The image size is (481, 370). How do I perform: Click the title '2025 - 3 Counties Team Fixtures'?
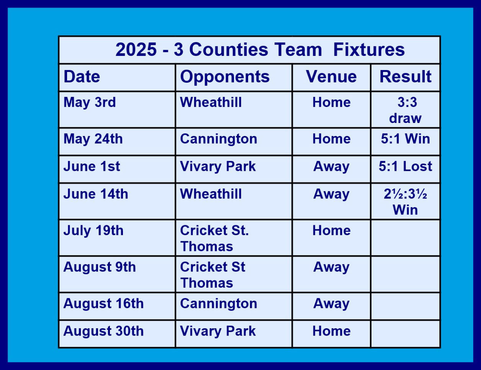click(260, 49)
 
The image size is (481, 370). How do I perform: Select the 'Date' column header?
click(82, 77)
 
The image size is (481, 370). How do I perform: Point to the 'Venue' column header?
click(331, 77)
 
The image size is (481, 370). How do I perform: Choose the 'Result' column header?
click(405, 77)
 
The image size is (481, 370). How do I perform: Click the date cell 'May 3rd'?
click(90, 103)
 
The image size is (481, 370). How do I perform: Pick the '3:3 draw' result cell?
click(405, 110)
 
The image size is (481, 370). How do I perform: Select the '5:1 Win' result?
click(405, 139)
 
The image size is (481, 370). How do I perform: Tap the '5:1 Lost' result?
click(405, 166)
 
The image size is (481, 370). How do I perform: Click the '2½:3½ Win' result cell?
click(405, 201)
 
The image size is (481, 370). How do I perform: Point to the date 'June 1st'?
click(92, 166)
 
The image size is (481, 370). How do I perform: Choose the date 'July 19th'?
click(93, 231)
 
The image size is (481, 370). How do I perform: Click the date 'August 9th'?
click(100, 267)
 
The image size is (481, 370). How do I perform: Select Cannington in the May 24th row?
click(218, 139)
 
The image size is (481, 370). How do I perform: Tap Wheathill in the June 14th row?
click(211, 194)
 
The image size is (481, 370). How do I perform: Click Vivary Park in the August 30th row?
click(218, 331)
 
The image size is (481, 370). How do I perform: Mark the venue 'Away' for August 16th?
click(331, 304)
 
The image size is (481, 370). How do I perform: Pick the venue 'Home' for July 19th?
click(331, 230)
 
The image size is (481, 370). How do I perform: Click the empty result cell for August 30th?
click(405, 334)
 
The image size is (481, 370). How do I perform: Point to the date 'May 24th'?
click(93, 139)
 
